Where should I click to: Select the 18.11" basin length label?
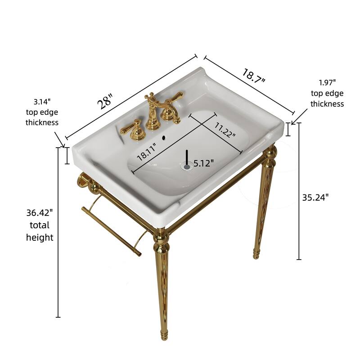click(x=147, y=152)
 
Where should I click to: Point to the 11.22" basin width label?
click(x=225, y=130)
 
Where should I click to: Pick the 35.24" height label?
click(x=315, y=197)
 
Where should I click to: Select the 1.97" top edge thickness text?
click(x=327, y=93)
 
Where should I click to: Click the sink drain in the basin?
click(x=187, y=166)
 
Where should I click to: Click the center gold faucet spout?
click(x=153, y=112)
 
